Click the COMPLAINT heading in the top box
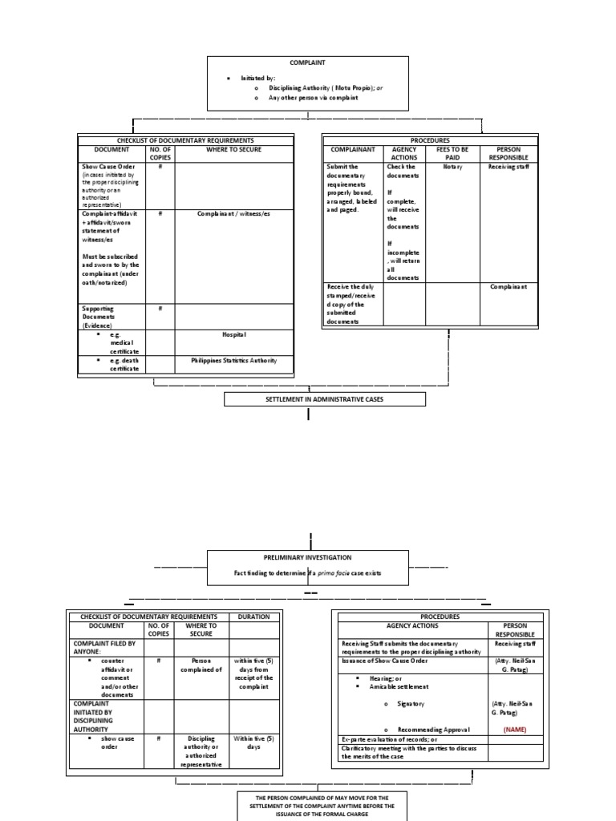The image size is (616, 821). pyautogui.click(x=307, y=63)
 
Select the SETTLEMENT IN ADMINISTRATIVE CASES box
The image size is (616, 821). pyautogui.click(x=324, y=399)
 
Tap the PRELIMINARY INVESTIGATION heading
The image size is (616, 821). pyautogui.click(x=308, y=557)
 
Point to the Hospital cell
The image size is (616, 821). pyautogui.click(x=234, y=334)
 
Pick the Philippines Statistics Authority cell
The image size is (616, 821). pyautogui.click(x=234, y=361)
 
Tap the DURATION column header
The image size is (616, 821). pyautogui.click(x=254, y=617)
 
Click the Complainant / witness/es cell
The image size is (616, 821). pyautogui.click(x=234, y=214)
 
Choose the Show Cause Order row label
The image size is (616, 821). pyautogui.click(x=111, y=167)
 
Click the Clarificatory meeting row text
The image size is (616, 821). pyautogui.click(x=408, y=752)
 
